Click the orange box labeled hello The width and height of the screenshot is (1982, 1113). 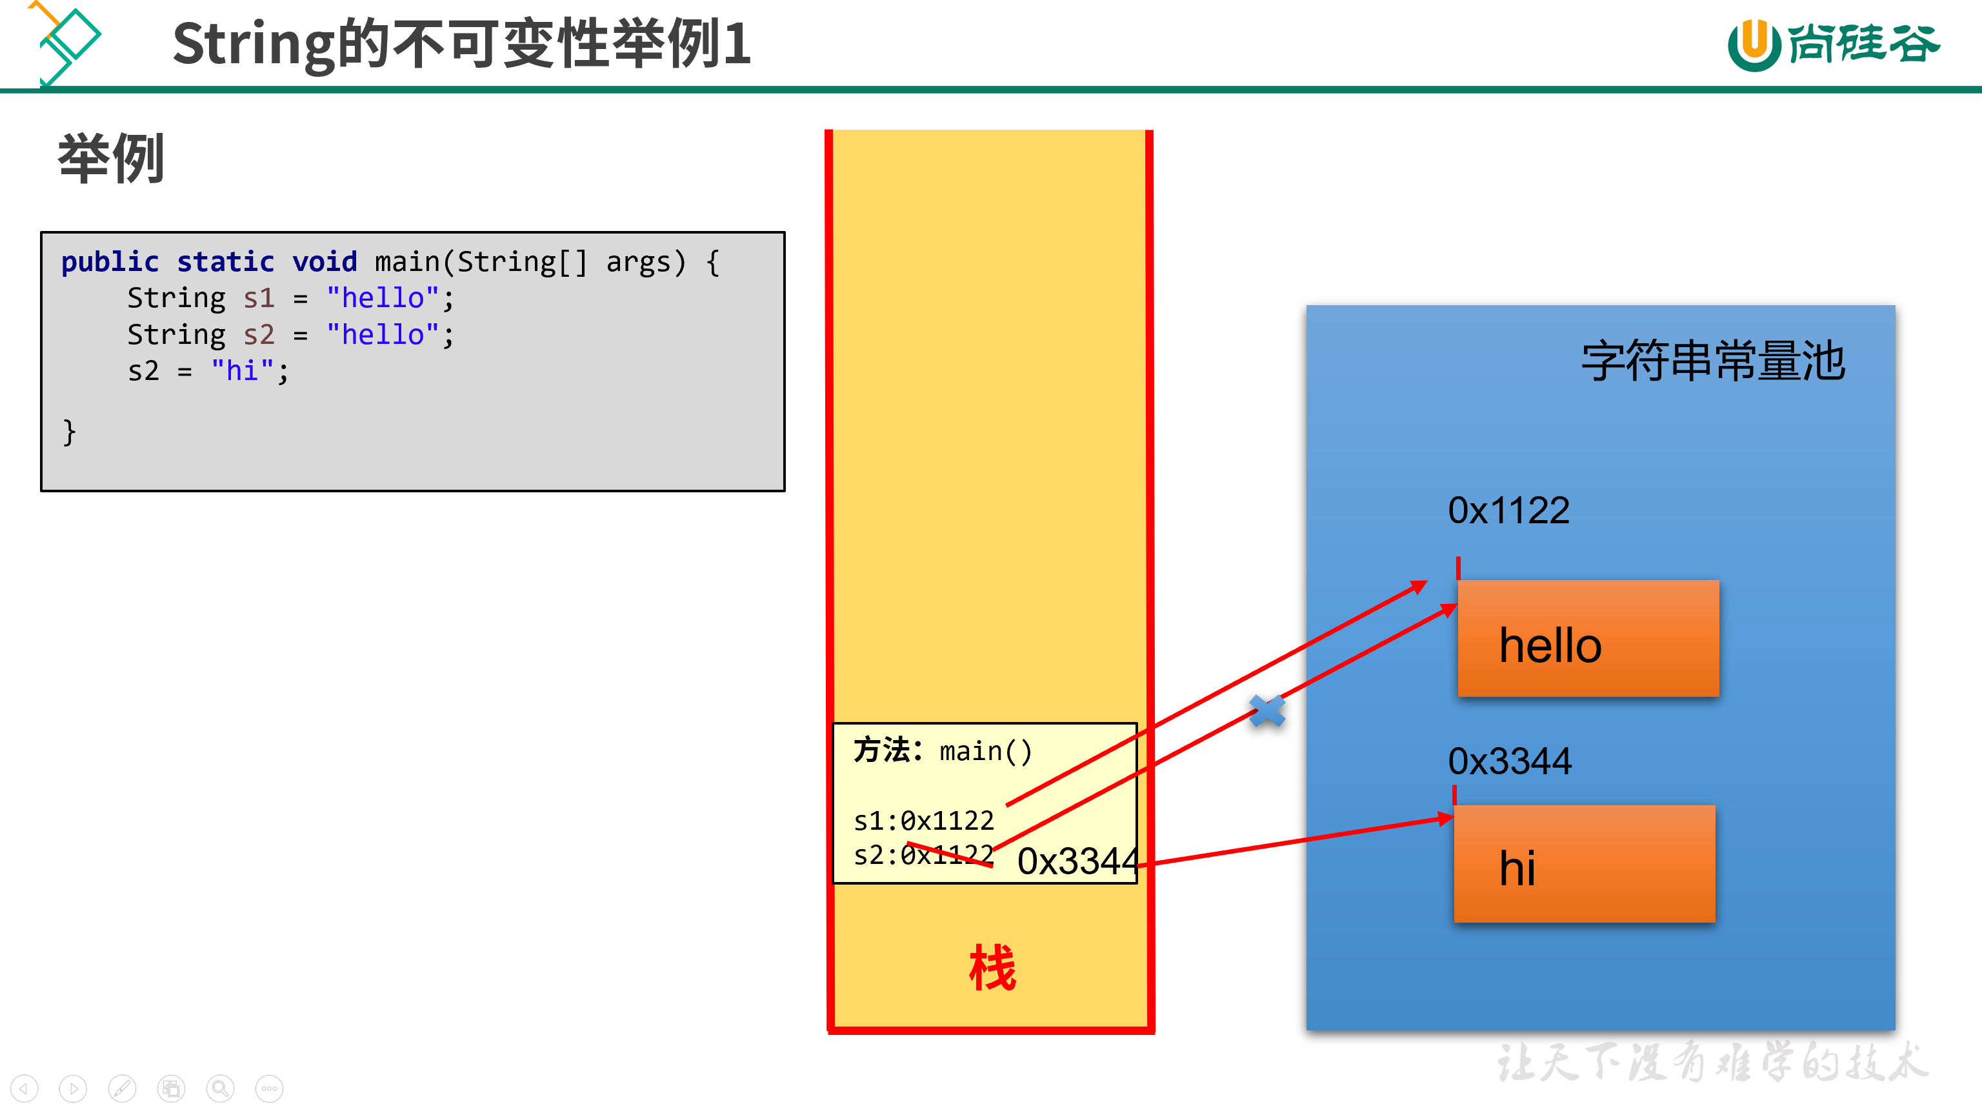coord(1587,639)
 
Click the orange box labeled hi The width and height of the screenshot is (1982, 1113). coord(1583,863)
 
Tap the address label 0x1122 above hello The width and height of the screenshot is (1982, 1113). coord(1508,510)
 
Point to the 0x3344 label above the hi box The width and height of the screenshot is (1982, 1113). coord(1509,761)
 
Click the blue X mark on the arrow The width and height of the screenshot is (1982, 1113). coord(1266,710)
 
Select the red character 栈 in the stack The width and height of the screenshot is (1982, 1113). coord(992,968)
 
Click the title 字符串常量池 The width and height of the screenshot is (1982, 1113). coord(1713,360)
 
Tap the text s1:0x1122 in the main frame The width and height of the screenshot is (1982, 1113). coord(923,821)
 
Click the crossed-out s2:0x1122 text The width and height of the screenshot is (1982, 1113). coord(923,854)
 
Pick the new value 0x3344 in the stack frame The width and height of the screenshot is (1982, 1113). coord(1077,861)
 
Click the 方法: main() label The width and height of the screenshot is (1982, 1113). coord(943,750)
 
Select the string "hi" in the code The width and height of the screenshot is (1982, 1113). coord(243,371)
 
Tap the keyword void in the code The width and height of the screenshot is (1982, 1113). coord(324,263)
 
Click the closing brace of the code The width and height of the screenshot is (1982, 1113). coord(69,432)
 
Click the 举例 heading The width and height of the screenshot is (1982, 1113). coord(112,159)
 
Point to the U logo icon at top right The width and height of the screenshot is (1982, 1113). coord(1754,45)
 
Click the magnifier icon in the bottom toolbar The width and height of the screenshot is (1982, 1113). coord(220,1088)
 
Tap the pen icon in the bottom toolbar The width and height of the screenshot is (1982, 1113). coord(121,1088)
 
